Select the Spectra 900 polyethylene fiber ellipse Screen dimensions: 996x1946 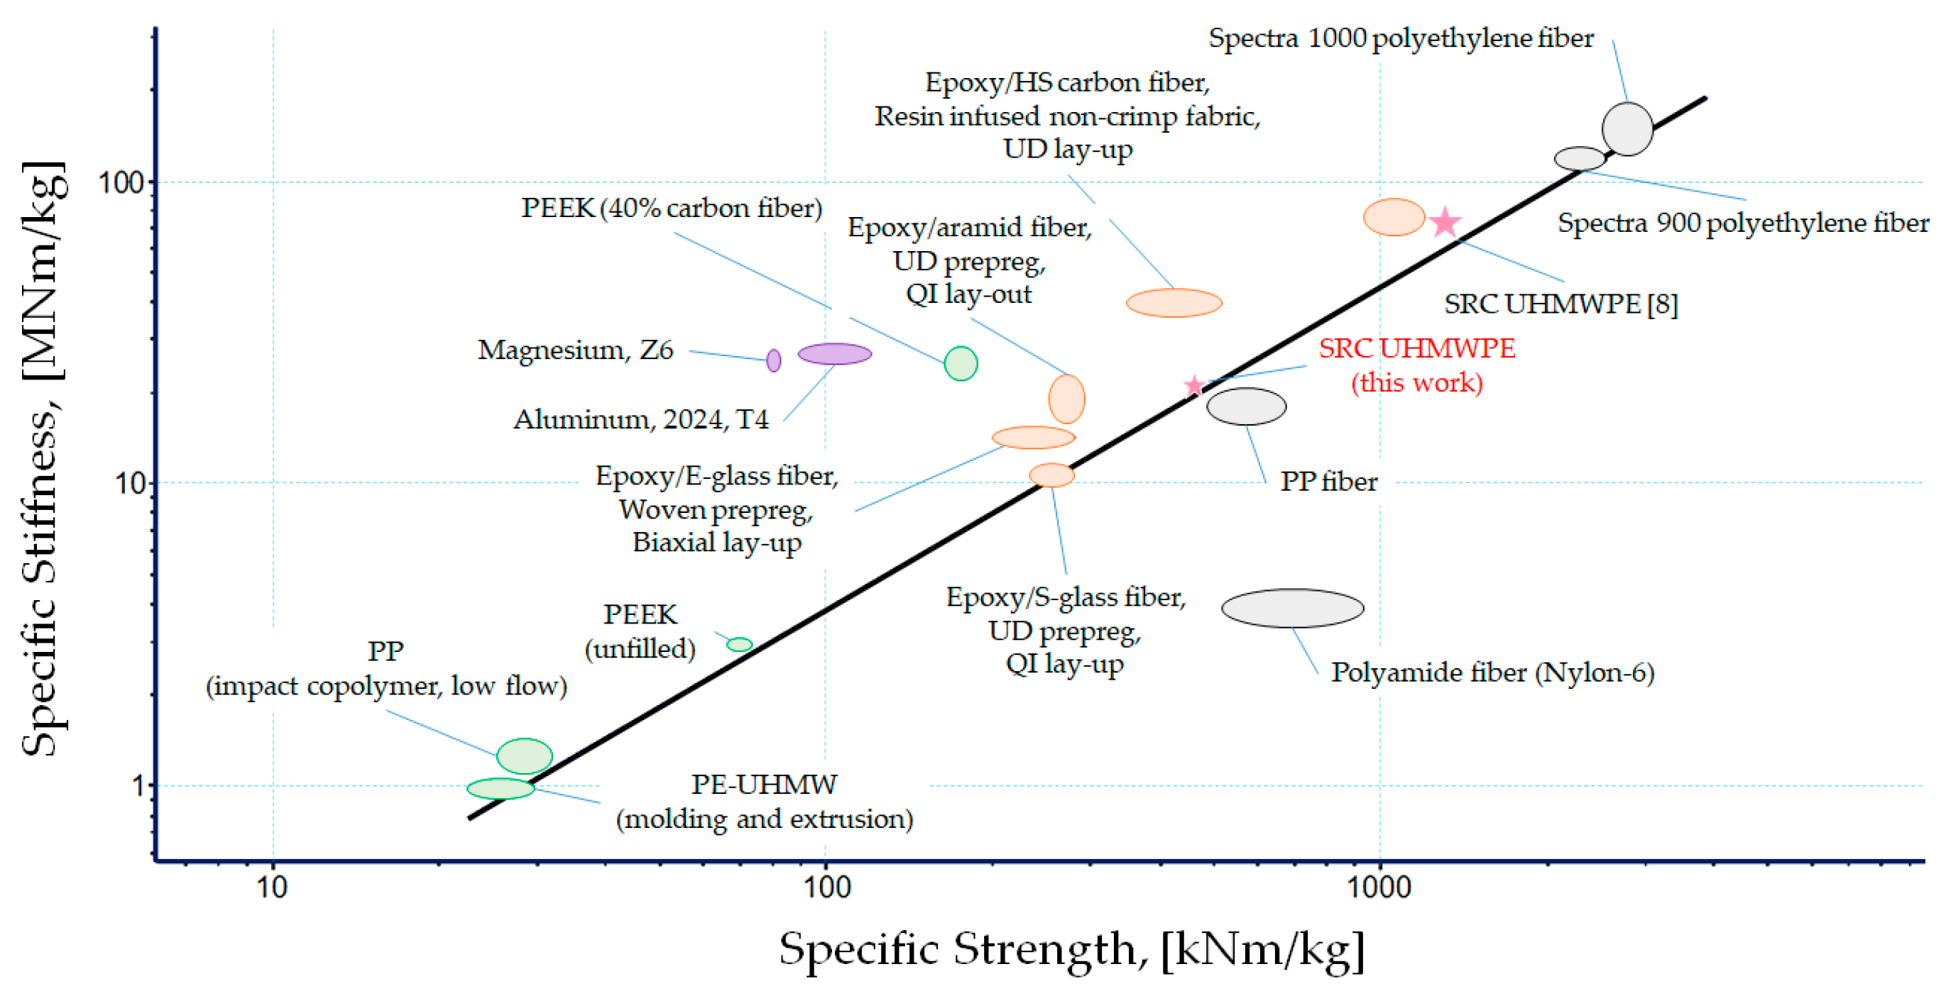click(1579, 159)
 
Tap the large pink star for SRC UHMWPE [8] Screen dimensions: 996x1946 click(1444, 222)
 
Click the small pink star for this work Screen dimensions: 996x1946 click(1193, 386)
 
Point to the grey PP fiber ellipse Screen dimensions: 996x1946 click(1246, 406)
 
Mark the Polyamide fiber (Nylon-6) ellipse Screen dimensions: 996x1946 click(1292, 608)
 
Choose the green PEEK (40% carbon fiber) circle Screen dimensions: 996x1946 click(960, 363)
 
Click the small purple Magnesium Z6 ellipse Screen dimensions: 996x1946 click(773, 360)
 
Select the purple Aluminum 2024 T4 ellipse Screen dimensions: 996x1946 click(834, 353)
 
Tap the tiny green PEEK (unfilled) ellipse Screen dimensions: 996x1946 click(739, 644)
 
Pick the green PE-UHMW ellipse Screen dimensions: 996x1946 click(500, 788)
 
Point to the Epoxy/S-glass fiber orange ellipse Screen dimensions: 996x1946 click(1051, 475)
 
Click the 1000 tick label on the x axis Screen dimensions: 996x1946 click(1379, 887)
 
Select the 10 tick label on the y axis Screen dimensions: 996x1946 click(130, 483)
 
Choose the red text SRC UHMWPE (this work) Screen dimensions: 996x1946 click(1416, 365)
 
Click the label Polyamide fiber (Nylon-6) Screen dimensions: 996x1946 click(1492, 672)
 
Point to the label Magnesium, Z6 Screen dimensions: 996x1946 click(575, 350)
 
